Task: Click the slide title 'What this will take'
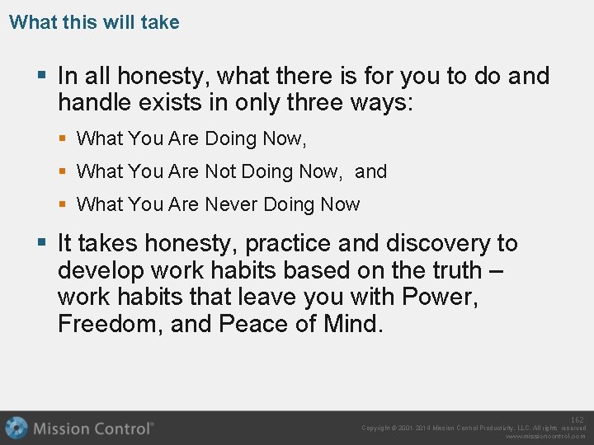point(94,22)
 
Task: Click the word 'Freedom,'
point(111,324)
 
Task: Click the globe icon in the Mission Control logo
point(16,428)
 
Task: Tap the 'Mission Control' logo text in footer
point(92,428)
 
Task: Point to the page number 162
point(577,420)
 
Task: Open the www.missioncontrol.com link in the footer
point(545,437)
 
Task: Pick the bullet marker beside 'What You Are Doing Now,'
point(64,139)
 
